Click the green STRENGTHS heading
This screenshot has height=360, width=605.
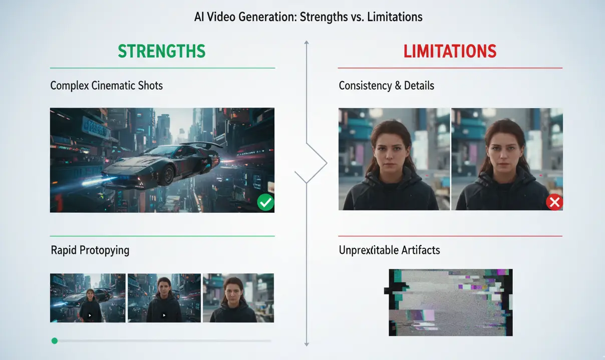pyautogui.click(x=162, y=51)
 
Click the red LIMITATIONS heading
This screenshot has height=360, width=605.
pyautogui.click(x=450, y=51)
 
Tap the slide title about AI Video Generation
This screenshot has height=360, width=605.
pyautogui.click(x=308, y=17)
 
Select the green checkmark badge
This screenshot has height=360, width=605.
pyautogui.click(x=265, y=203)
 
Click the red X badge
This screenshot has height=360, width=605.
pyautogui.click(x=554, y=202)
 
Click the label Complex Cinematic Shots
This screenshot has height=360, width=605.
pyautogui.click(x=106, y=86)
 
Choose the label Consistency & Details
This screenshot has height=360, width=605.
pyautogui.click(x=386, y=86)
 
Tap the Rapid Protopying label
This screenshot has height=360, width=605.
pyautogui.click(x=90, y=250)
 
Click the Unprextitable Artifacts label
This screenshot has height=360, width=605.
pyautogui.click(x=389, y=250)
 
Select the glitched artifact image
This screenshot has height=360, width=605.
pyautogui.click(x=450, y=302)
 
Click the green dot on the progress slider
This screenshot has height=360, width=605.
pyautogui.click(x=55, y=341)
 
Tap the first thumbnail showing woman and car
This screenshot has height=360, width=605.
pyautogui.click(x=88, y=298)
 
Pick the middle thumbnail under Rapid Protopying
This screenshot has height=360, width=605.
pyautogui.click(x=164, y=298)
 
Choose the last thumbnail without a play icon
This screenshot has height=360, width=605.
pyautogui.click(x=238, y=298)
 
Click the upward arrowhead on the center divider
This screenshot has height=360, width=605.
pyautogui.click(x=307, y=43)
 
